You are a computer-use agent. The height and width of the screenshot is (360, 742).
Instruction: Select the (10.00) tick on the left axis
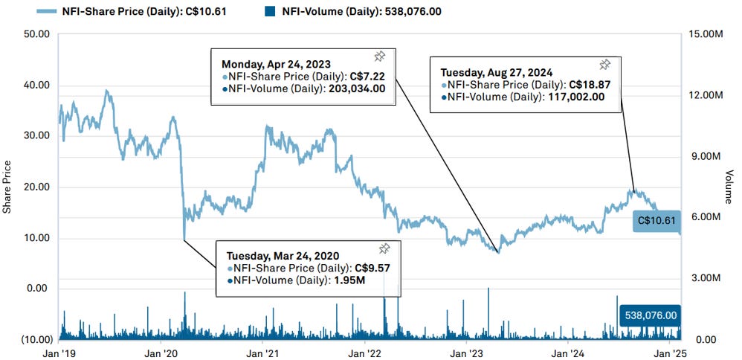click(x=32, y=340)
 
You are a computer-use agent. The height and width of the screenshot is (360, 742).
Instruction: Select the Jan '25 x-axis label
click(x=673, y=354)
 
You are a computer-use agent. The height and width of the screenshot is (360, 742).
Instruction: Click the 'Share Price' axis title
click(x=7, y=186)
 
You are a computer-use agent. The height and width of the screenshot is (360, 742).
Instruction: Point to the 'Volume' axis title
click(x=729, y=186)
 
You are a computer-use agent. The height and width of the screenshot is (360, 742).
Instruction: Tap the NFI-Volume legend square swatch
click(x=270, y=11)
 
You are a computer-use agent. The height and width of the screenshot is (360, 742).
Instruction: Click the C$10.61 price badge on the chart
click(x=656, y=221)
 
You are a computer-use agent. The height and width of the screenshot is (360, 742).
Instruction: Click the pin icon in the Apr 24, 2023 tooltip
click(x=378, y=57)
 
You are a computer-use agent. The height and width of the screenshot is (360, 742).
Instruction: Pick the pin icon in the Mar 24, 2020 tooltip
click(x=384, y=248)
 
